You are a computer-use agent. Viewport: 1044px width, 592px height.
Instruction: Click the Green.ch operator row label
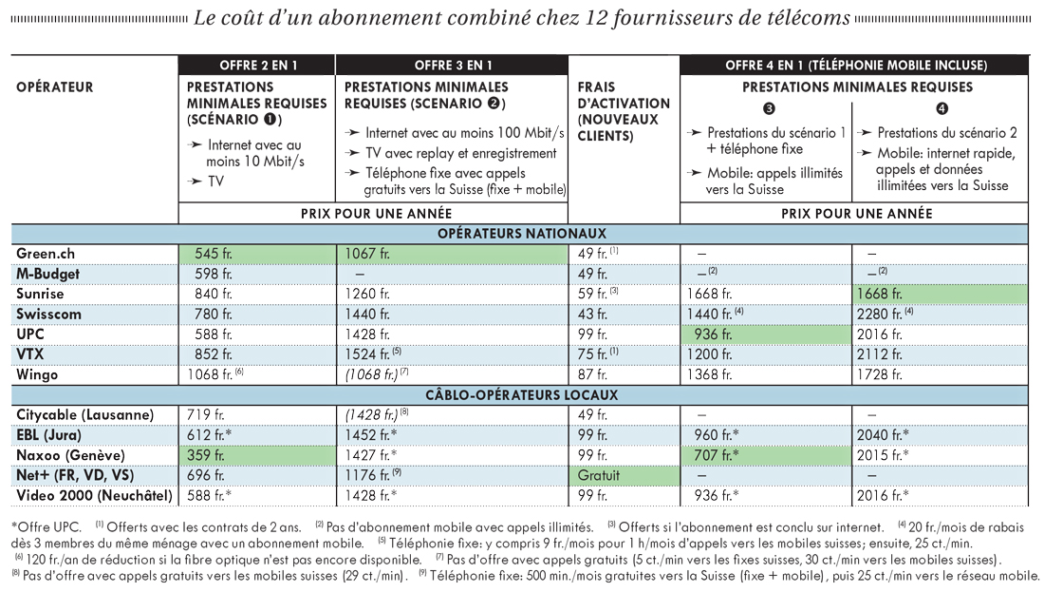click(x=46, y=254)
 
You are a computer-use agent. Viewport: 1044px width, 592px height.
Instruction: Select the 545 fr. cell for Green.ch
click(x=257, y=254)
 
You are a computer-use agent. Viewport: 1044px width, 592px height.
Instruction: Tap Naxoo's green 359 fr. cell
click(x=257, y=455)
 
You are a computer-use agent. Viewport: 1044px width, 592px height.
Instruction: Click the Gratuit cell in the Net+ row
click(x=624, y=475)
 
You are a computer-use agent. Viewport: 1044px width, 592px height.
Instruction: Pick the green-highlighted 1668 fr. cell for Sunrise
click(x=940, y=294)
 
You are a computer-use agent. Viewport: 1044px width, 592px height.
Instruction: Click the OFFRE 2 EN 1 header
click(x=257, y=66)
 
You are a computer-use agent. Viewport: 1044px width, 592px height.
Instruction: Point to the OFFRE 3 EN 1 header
click(x=453, y=66)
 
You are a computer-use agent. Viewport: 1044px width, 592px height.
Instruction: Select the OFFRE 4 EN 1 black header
click(x=855, y=66)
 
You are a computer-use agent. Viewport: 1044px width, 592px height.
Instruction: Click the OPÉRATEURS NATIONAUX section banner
click(x=521, y=234)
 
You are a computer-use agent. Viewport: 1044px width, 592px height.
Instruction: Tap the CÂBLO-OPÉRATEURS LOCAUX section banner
click(x=521, y=395)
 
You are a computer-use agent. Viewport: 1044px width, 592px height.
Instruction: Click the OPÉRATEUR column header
click(x=55, y=87)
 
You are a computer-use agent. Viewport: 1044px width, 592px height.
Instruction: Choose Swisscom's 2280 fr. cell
click(x=885, y=314)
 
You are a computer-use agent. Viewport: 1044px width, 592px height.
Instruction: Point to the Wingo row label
click(x=37, y=374)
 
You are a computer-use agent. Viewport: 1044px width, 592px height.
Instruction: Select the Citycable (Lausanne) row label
click(x=85, y=415)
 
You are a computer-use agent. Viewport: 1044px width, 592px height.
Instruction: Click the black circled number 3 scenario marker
click(x=769, y=108)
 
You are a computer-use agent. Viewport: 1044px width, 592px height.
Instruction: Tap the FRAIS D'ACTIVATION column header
click(x=624, y=111)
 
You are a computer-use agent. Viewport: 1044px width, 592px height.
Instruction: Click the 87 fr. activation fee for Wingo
click(x=592, y=374)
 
